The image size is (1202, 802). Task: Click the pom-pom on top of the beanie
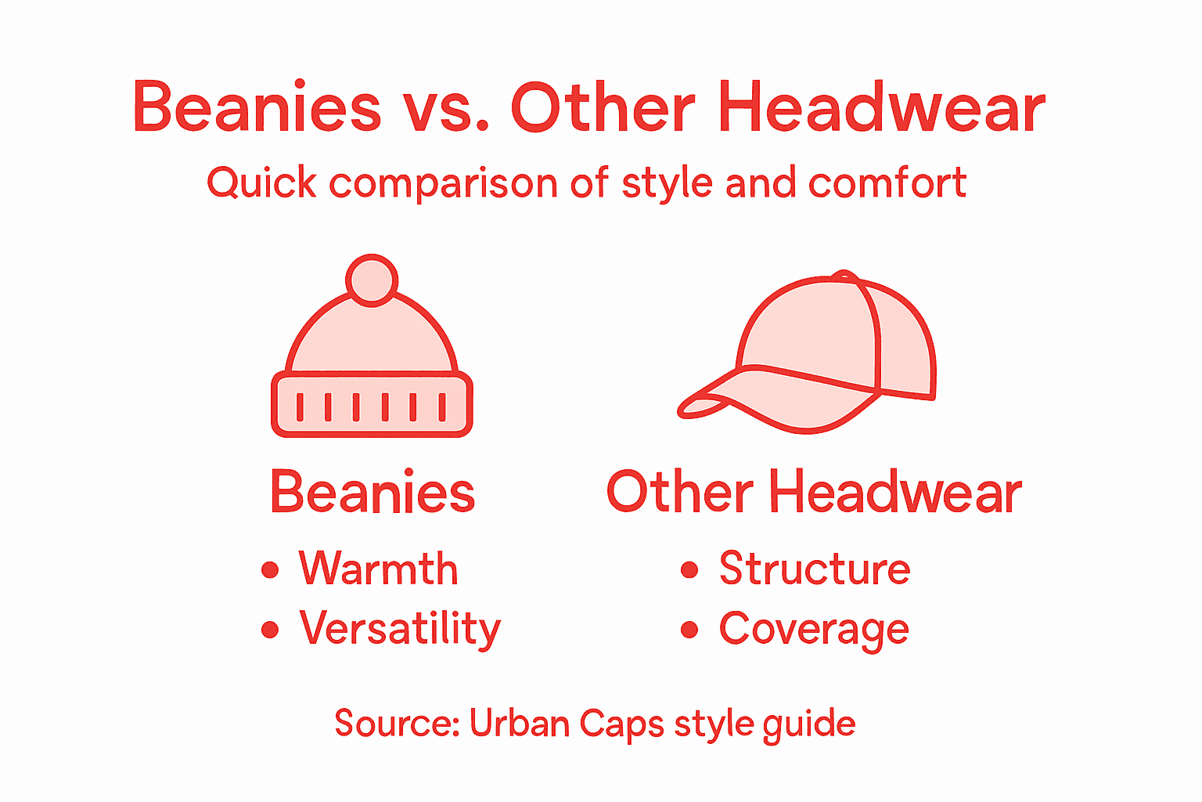(372, 280)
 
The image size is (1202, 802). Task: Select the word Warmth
(378, 569)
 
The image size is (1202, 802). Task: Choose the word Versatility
(400, 628)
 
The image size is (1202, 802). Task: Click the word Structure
(815, 569)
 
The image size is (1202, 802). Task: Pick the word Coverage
(814, 629)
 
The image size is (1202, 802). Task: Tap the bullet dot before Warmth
(270, 569)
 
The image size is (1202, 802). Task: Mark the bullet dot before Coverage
(689, 630)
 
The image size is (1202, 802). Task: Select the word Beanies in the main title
(257, 108)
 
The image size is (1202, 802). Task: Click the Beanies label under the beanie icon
(372, 493)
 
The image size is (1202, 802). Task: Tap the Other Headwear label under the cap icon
(814, 493)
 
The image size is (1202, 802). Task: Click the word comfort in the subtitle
(887, 184)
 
